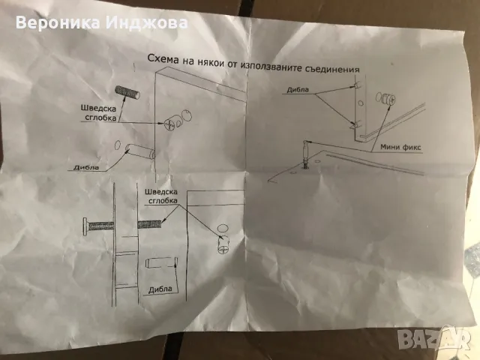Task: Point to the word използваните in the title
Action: coord(268,64)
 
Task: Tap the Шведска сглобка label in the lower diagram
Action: coord(158,196)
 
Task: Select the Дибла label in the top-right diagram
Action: coord(297,91)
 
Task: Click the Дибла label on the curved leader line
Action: coord(85,167)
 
